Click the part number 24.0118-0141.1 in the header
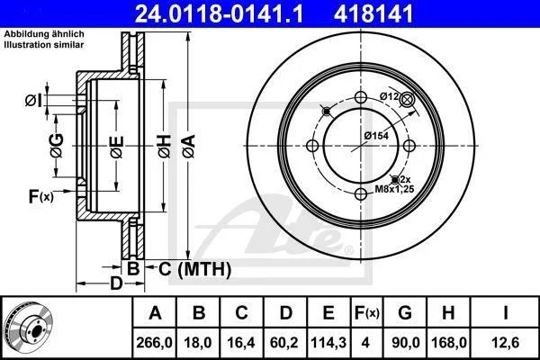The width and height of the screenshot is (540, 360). click(x=219, y=13)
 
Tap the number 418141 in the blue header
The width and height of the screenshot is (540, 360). click(x=373, y=13)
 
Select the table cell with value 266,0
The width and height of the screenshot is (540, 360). click(x=154, y=342)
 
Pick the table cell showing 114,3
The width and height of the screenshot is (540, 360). click(x=328, y=342)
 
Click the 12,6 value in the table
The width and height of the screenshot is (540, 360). click(x=506, y=342)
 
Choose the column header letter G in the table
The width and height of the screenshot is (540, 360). click(x=405, y=313)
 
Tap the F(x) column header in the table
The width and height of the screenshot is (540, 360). click(x=367, y=313)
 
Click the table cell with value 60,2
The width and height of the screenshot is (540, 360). click(x=284, y=342)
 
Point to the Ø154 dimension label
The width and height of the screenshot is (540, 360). click(x=376, y=136)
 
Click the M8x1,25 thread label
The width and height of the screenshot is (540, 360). click(x=394, y=189)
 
